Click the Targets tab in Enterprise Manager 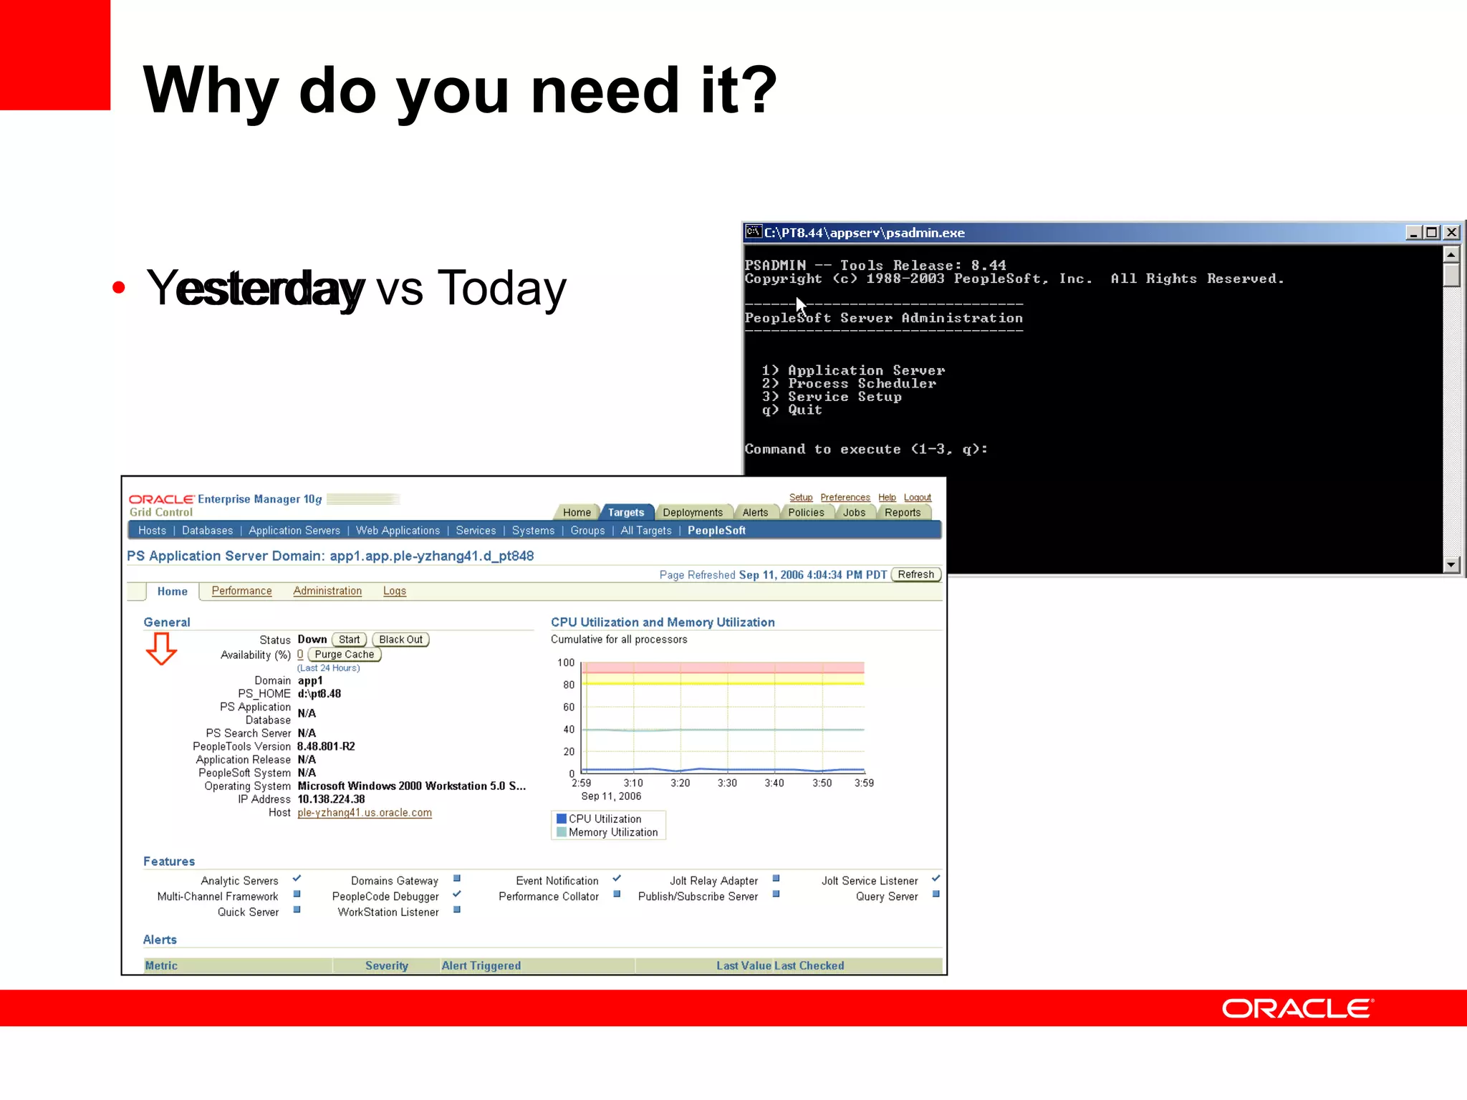coord(626,512)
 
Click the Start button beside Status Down coord(349,640)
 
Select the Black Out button coord(400,640)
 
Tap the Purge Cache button coord(344,655)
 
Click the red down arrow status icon coord(161,649)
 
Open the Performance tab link coord(241,591)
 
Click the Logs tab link coord(394,591)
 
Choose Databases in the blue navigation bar coord(207,531)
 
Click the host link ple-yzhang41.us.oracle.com coord(365,813)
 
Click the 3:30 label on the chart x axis coord(727,783)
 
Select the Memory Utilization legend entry coord(612,832)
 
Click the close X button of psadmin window coord(1451,233)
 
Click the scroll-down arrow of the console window coord(1451,564)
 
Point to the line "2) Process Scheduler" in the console coord(849,384)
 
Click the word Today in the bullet coord(501,288)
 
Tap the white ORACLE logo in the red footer coord(1297,1008)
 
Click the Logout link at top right coord(917,498)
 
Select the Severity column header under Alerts coord(386,965)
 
